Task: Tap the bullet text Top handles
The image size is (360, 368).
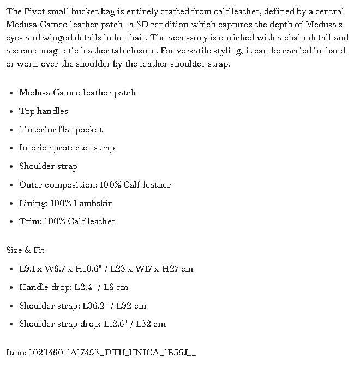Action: tap(44, 111)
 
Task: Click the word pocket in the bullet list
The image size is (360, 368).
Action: tap(89, 130)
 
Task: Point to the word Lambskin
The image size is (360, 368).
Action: tap(94, 203)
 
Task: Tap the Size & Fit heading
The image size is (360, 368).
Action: tap(25, 250)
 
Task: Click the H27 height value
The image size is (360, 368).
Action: tap(173, 269)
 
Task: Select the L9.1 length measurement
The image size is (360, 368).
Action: tap(27, 269)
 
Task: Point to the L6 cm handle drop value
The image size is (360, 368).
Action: tap(116, 287)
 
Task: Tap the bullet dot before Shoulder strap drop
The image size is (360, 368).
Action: tap(11, 324)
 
